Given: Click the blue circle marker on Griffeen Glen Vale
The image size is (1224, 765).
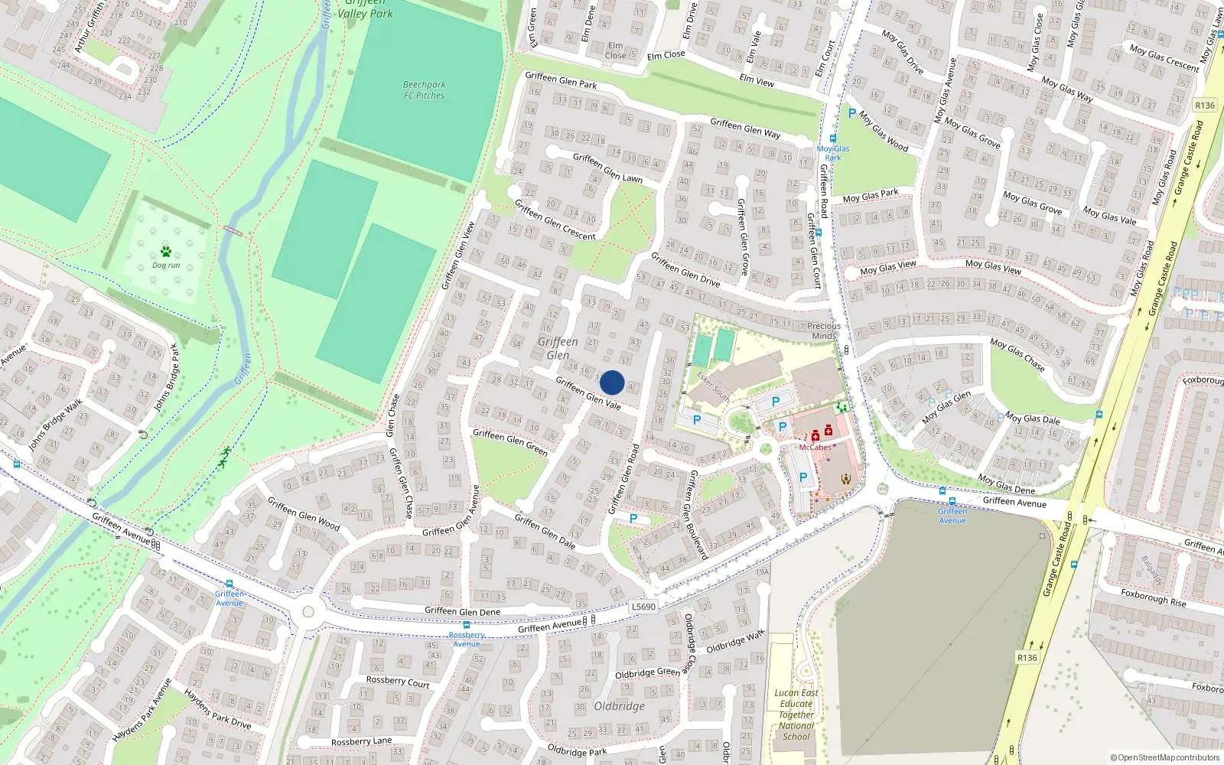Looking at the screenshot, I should pos(612,382).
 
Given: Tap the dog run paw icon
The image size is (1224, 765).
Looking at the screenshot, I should pos(166,252).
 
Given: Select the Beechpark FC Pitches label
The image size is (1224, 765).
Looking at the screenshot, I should pos(425,90).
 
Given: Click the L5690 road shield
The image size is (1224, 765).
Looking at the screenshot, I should pos(643,607).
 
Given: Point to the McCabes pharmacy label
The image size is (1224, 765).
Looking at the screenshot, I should pos(815,448).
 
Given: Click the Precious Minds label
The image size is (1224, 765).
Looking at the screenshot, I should pos(824,330).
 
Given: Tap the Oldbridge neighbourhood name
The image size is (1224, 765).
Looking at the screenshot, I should pos(620,706).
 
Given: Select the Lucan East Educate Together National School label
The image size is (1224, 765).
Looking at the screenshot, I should pos(796,715).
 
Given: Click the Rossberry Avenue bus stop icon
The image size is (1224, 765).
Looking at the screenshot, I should pos(466,625).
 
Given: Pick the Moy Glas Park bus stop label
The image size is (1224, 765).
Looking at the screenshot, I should pos(833,153).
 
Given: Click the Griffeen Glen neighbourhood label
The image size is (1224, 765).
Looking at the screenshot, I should pos(558,348).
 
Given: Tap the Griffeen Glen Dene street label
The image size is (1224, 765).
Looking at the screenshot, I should pos(462,611).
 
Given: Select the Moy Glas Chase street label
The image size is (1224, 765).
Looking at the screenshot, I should pos(1017,354).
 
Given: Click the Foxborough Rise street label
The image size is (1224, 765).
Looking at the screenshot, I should pos(1154,597).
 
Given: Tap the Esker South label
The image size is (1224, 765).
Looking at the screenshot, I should pos(713,386).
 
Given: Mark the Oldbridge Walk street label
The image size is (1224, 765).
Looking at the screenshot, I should pos(735,641).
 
